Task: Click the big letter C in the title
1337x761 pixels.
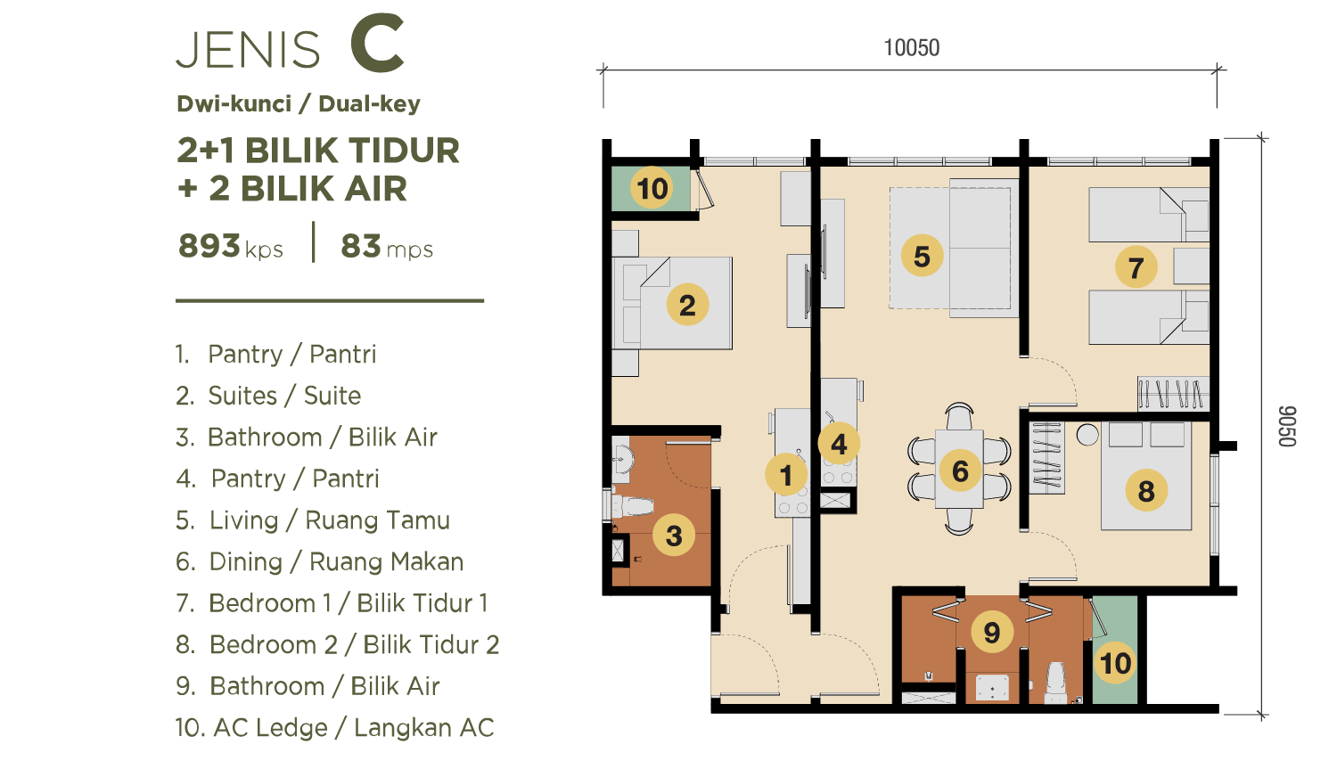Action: point(377,45)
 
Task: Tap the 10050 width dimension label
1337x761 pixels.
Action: point(912,48)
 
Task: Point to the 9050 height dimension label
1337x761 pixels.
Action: point(1287,426)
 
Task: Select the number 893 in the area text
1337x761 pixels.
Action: point(209,245)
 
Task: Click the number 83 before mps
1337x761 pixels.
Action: point(360,245)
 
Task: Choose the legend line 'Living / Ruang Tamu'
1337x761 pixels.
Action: point(330,520)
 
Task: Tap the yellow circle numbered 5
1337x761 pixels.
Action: point(923,256)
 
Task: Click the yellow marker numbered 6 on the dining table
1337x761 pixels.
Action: point(960,471)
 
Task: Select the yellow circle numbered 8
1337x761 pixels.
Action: point(1146,491)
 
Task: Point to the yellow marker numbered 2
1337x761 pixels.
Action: point(687,305)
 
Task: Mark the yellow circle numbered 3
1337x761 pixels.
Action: point(674,535)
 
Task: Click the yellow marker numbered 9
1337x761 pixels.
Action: point(992,632)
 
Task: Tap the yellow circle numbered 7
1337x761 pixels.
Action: point(1136,266)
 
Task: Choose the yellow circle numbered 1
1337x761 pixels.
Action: point(786,474)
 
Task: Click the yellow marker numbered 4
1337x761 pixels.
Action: point(839,444)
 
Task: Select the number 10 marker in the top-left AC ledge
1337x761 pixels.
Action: point(652,188)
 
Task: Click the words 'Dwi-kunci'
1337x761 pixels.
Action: point(234,104)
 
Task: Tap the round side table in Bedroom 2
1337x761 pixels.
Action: point(1087,435)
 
